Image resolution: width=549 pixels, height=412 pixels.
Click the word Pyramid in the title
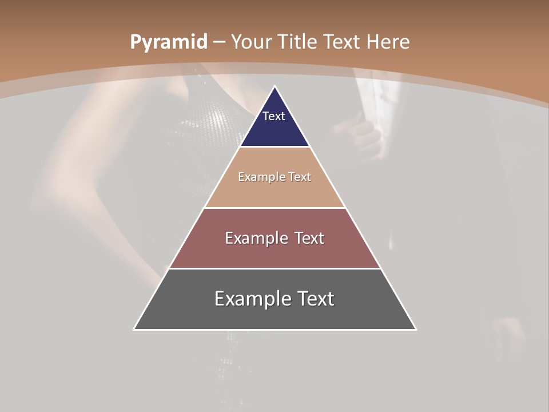[x=168, y=42]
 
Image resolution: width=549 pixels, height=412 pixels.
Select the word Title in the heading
[x=297, y=42]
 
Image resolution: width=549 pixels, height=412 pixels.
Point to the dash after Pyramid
[x=218, y=42]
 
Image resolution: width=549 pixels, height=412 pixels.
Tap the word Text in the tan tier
[x=300, y=177]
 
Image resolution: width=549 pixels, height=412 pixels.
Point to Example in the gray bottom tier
[x=251, y=299]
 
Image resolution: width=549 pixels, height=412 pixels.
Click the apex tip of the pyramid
[x=275, y=88]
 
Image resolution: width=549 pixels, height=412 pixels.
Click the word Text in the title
[x=343, y=42]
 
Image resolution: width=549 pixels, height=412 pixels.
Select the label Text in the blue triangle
[x=274, y=116]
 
